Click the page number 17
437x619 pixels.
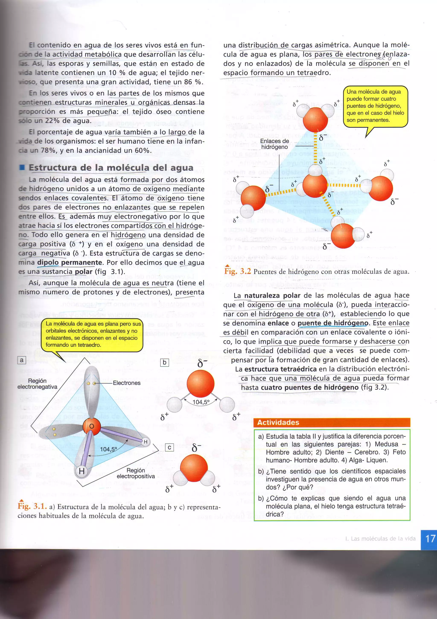coord(430,539)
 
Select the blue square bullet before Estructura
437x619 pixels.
coord(22,167)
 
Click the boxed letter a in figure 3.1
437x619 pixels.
coord(22,360)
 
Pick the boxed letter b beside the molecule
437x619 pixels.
coord(165,363)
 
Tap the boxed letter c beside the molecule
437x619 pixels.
coord(169,447)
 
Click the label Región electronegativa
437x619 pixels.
coord(37,384)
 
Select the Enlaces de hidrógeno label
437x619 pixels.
coord(274,144)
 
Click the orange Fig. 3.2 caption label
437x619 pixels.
coord(237,271)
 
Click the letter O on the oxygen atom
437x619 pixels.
coord(92,426)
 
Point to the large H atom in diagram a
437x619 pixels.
coord(82,471)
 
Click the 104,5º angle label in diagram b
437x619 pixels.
coord(201,402)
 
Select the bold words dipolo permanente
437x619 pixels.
coord(70,262)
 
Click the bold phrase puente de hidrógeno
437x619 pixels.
coord(333,323)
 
